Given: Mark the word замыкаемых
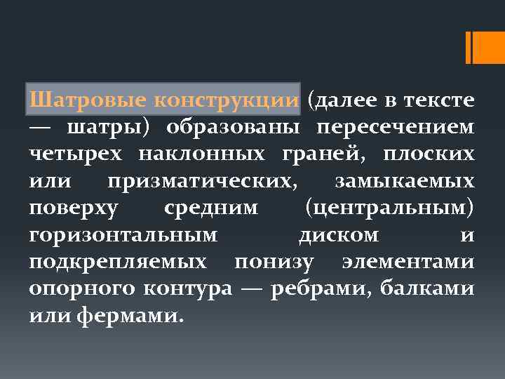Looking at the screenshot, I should pos(405,180).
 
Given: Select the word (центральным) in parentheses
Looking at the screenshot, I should pos(390,208).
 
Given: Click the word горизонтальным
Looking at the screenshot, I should pos(123,235).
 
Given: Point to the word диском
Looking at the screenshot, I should pos(339,235).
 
